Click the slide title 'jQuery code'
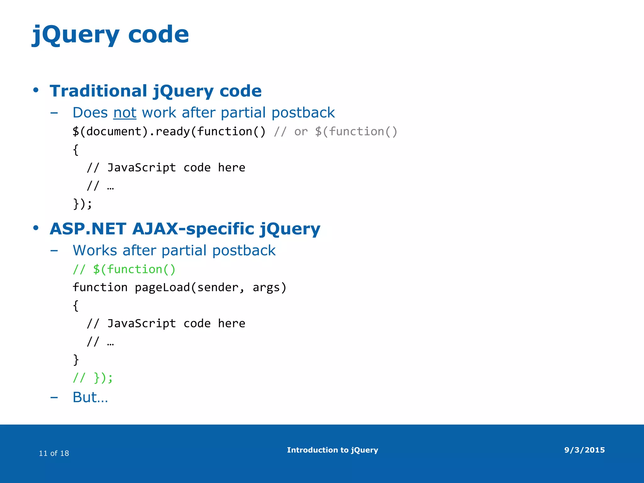pos(110,35)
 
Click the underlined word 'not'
pos(125,113)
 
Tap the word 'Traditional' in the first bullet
pos(98,91)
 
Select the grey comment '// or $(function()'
pos(335,131)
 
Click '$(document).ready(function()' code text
pos(169,131)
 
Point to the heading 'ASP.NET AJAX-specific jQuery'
pos(185,229)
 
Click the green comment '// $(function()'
pos(124,269)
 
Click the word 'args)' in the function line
pos(269,287)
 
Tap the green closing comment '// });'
pos(92,377)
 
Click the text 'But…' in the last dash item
pos(90,397)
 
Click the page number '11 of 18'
pos(54,453)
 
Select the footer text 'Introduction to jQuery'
pos(332,450)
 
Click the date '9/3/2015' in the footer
pos(584,450)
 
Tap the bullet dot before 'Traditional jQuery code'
pos(36,90)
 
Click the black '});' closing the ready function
pos(82,204)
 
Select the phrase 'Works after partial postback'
pos(174,251)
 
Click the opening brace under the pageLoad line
pos(75,306)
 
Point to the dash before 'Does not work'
pos(54,113)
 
